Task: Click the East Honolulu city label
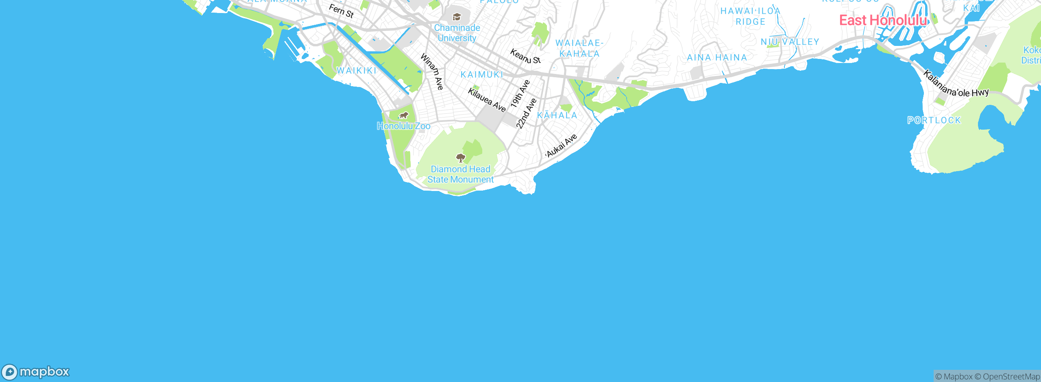pyautogui.click(x=883, y=20)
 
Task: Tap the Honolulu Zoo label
pyautogui.click(x=403, y=126)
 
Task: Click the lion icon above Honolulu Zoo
pyautogui.click(x=403, y=115)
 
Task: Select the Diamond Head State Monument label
pyautogui.click(x=460, y=174)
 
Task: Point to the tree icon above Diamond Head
pyautogui.click(x=460, y=158)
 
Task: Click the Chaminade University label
pyautogui.click(x=457, y=33)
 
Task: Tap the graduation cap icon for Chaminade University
pyautogui.click(x=457, y=17)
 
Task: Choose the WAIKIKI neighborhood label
pyautogui.click(x=357, y=71)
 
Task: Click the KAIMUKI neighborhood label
pyautogui.click(x=482, y=75)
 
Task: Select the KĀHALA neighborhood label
pyautogui.click(x=557, y=115)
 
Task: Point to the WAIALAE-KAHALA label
pyautogui.click(x=579, y=48)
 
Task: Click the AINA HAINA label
pyautogui.click(x=717, y=58)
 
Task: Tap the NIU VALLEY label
pyautogui.click(x=790, y=42)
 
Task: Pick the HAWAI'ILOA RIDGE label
pyautogui.click(x=750, y=16)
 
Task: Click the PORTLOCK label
pyautogui.click(x=934, y=120)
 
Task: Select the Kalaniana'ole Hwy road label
pyautogui.click(x=956, y=85)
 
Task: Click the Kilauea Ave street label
pyautogui.click(x=487, y=100)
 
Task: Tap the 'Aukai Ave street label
pyautogui.click(x=562, y=145)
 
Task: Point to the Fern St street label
pyautogui.click(x=341, y=11)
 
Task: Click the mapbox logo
pyautogui.click(x=36, y=372)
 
